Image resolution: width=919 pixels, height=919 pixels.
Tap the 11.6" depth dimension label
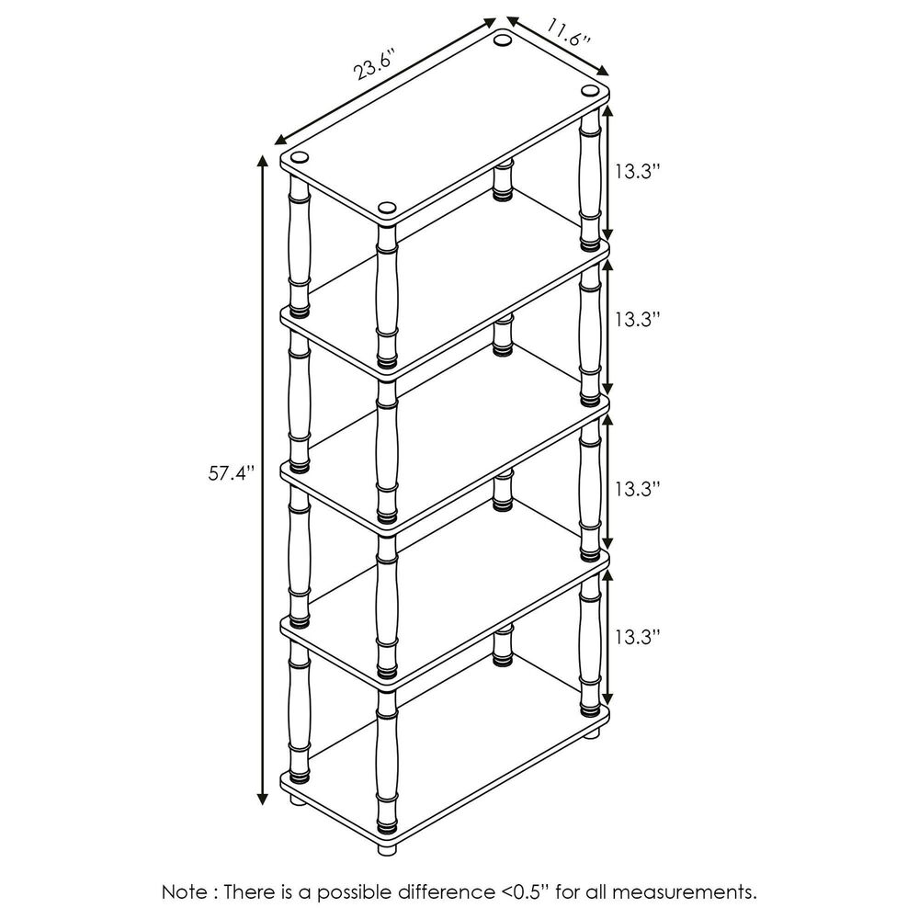568,32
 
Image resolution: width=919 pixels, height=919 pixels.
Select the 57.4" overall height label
233,472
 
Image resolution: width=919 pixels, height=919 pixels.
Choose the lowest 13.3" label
638,637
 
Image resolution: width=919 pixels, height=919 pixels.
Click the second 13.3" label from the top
638,320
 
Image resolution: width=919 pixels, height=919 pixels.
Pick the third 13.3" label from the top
638,488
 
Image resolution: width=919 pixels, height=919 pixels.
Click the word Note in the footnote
184,892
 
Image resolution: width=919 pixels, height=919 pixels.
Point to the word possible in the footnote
357,893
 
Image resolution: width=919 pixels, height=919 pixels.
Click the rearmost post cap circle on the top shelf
503,40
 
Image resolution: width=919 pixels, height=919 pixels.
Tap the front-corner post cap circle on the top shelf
387,208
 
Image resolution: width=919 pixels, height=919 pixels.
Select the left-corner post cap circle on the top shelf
300,157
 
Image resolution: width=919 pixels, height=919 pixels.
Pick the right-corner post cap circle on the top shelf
589,90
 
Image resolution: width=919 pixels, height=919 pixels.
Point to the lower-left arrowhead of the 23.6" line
281,140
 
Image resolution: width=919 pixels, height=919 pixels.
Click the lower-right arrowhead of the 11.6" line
603,71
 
